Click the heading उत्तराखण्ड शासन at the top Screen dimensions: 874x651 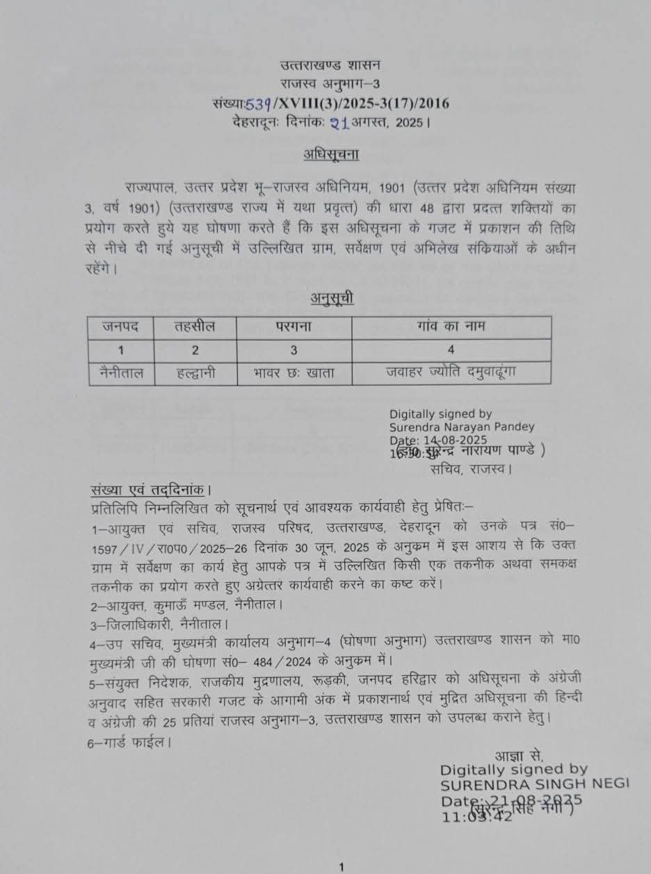click(x=330, y=66)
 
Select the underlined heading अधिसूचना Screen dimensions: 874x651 click(x=330, y=154)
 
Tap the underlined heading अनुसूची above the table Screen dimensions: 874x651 click(x=332, y=299)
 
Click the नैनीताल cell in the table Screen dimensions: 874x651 click(x=121, y=372)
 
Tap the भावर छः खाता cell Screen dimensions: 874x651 click(x=294, y=372)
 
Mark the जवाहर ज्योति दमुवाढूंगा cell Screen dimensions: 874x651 click(x=451, y=372)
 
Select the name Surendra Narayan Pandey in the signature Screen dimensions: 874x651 click(x=462, y=427)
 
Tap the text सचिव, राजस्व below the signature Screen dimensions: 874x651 click(x=471, y=469)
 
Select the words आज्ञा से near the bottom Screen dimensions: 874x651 click(x=518, y=756)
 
